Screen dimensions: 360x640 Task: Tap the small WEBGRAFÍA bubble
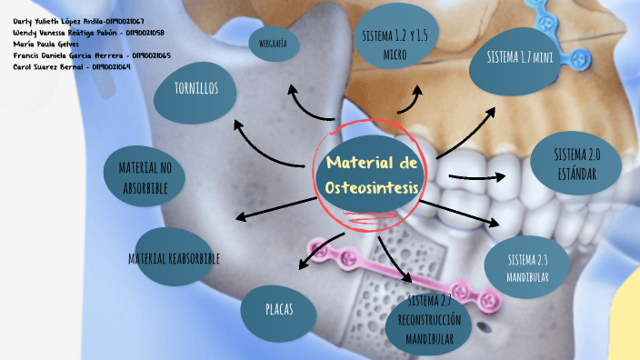pos(273,43)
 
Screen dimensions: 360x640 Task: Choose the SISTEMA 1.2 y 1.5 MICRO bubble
pos(394,42)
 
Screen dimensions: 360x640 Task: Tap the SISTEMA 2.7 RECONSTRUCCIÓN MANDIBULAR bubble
pos(429,321)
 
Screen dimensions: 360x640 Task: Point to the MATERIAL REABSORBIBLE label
pos(174,258)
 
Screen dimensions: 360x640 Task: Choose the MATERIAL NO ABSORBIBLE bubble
pos(145,177)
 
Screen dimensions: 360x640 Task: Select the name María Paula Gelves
pos(45,44)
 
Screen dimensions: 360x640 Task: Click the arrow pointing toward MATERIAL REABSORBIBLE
pos(273,206)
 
